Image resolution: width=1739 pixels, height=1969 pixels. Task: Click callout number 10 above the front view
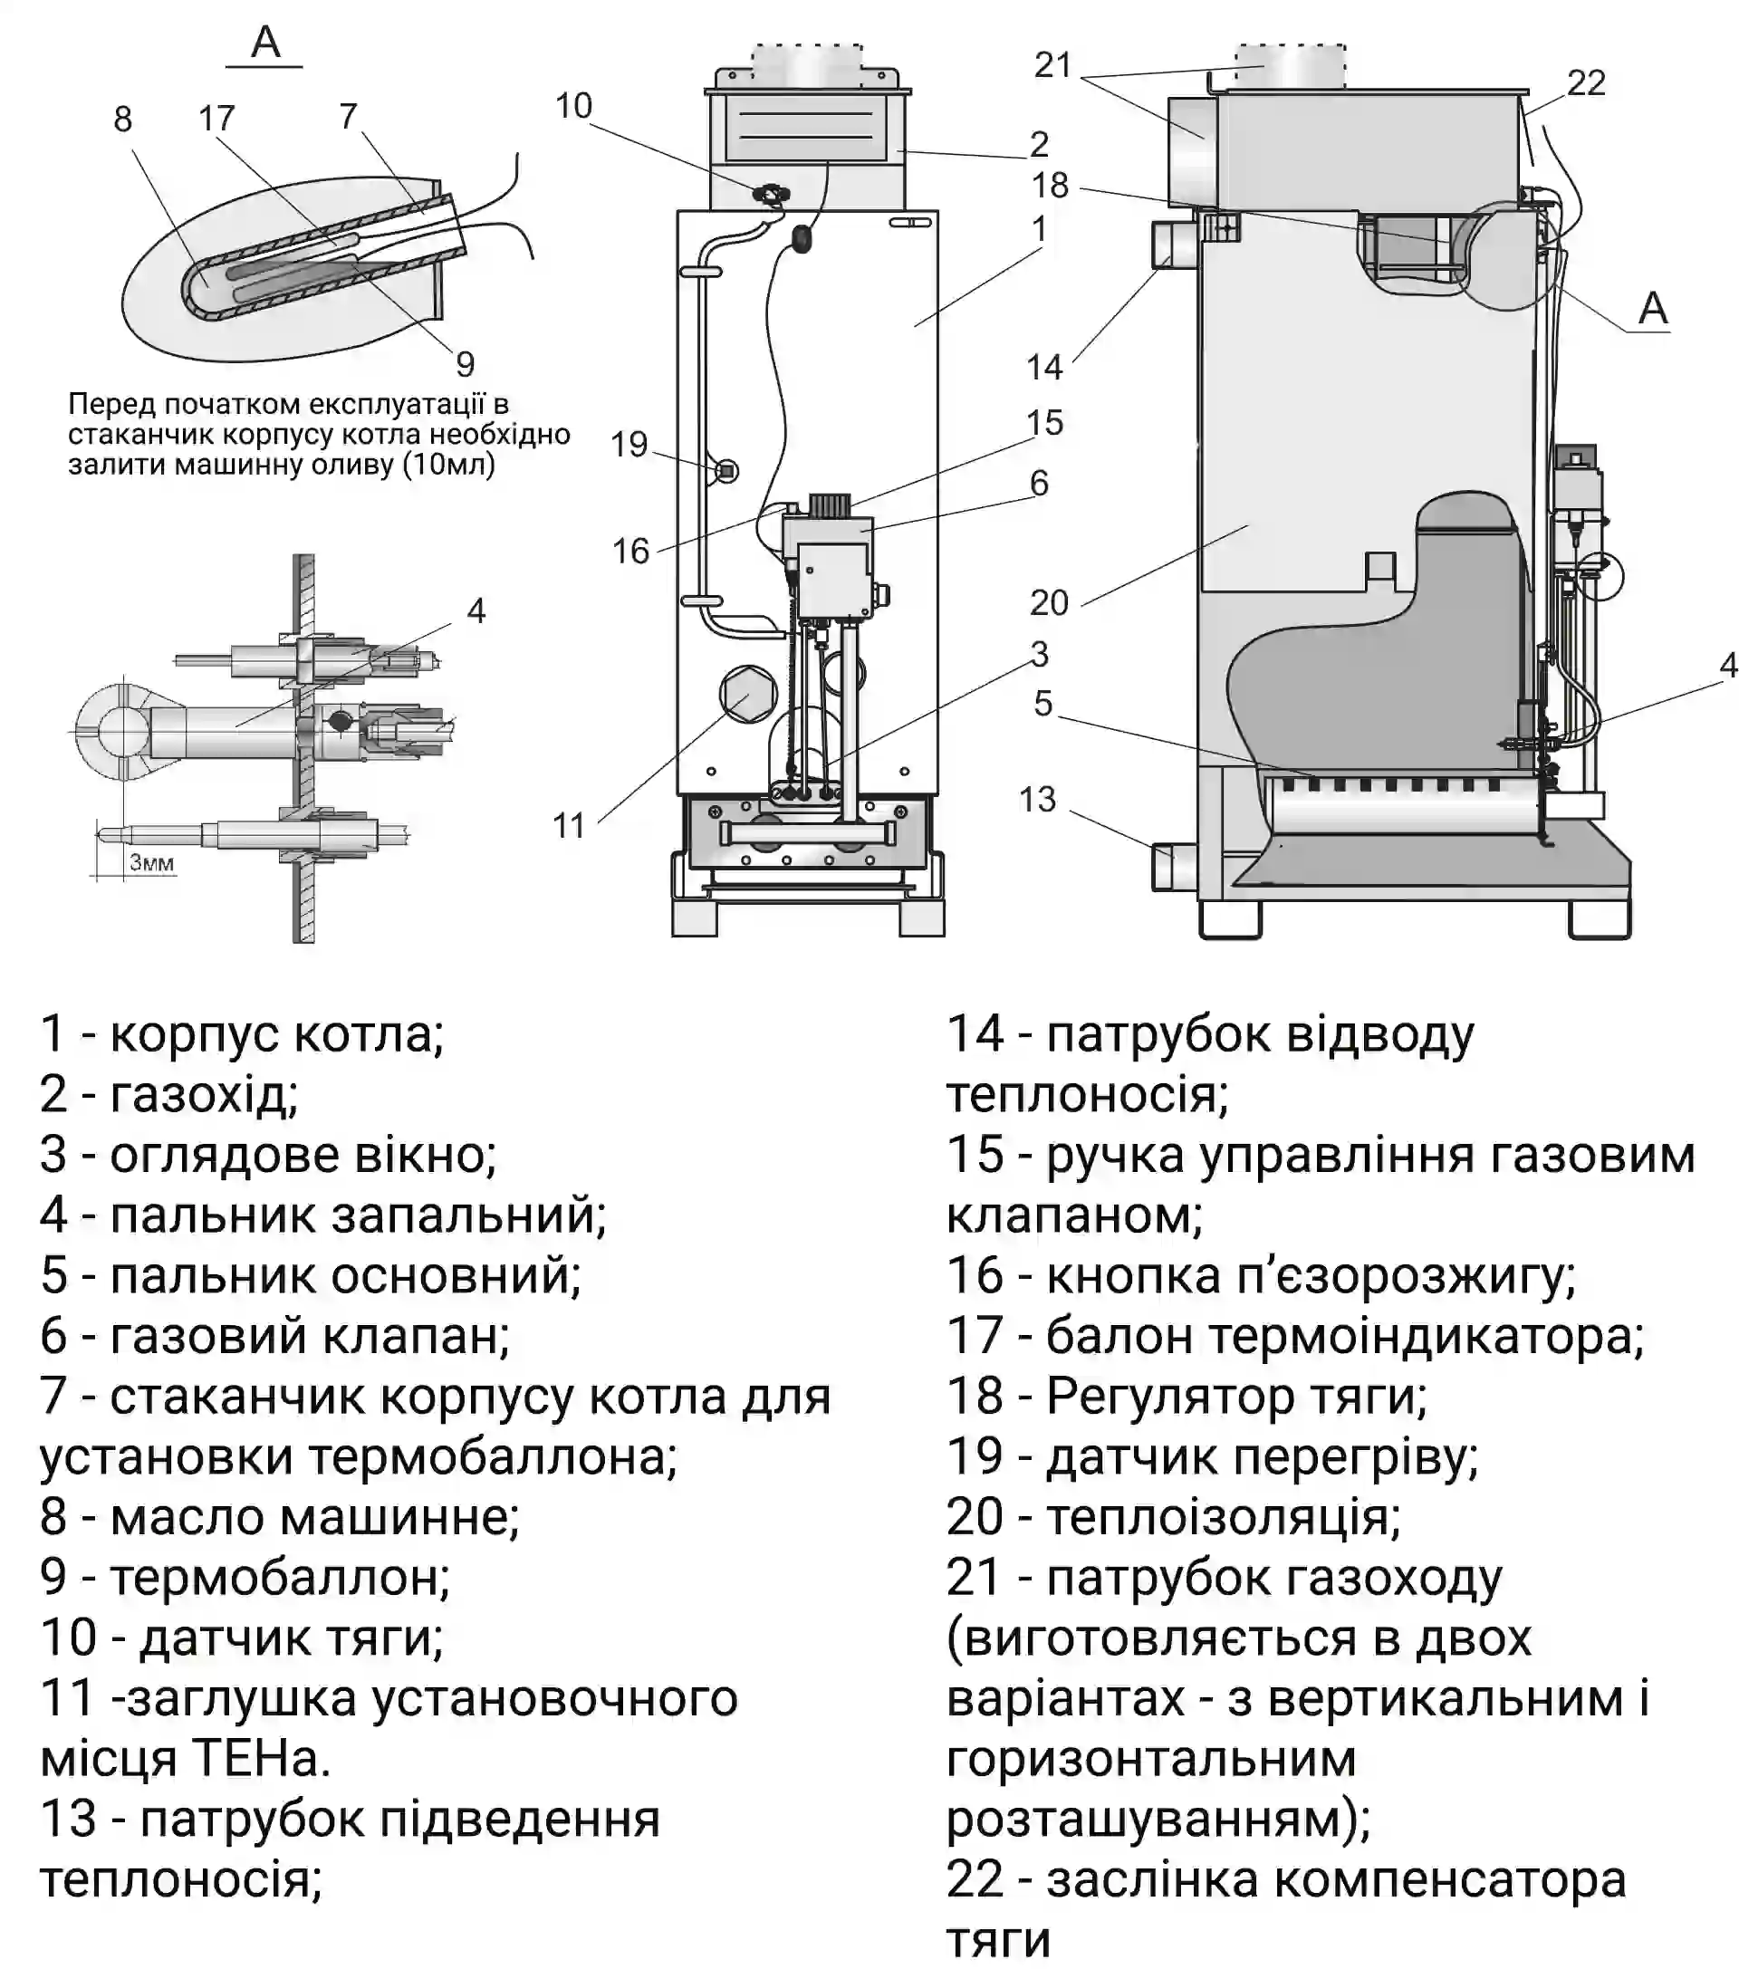pos(573,106)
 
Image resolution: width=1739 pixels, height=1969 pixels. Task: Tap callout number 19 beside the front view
pos(629,444)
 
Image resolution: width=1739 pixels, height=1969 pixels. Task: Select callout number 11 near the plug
pos(569,826)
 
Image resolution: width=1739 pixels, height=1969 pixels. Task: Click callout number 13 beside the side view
pos(1038,799)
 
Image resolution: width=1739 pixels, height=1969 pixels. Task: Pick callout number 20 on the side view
pos(1049,603)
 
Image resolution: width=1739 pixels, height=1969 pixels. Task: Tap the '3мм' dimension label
pos(151,863)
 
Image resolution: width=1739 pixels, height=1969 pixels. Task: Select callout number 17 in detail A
pos(216,119)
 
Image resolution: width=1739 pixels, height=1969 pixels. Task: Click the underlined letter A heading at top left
pos(265,43)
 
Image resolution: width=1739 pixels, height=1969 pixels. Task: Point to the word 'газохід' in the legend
pos(203,1094)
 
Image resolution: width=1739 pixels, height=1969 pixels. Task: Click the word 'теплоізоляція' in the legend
pos(1223,1517)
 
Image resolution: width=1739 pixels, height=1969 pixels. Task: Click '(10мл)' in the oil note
pos(449,466)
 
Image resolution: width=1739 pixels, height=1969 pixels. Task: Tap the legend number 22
pos(975,1879)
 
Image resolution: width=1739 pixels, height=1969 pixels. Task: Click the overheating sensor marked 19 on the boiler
pos(727,471)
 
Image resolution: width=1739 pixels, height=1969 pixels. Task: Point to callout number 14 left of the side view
pos(1044,367)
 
